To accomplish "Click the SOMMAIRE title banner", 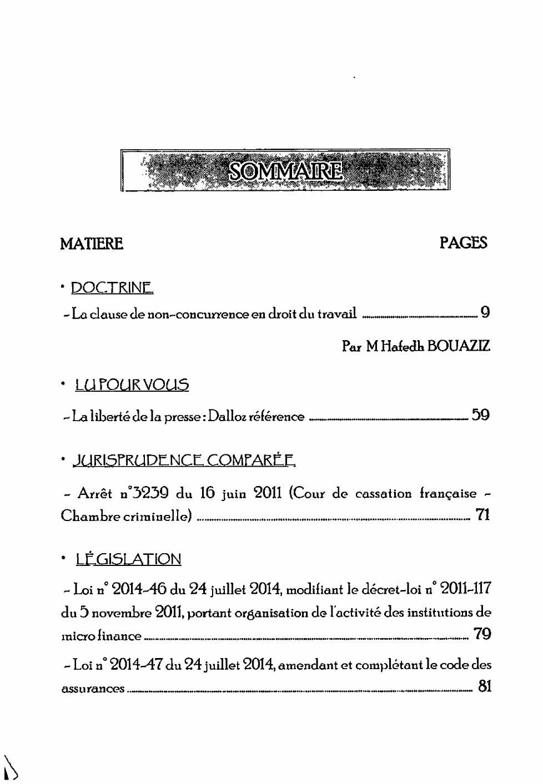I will tap(285, 170).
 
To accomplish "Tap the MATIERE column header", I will tap(92, 244).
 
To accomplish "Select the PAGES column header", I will tap(463, 242).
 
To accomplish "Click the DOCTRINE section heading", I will tap(112, 288).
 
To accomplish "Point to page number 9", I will tap(485, 312).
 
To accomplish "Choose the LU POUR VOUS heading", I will tap(132, 385).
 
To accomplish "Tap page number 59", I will tap(480, 414).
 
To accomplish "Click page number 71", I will tap(483, 515).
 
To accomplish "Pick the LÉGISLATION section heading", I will tap(128, 559).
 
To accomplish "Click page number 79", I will tap(482, 634).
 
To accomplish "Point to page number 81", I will tap(484, 686).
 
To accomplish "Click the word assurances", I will tap(93, 689).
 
